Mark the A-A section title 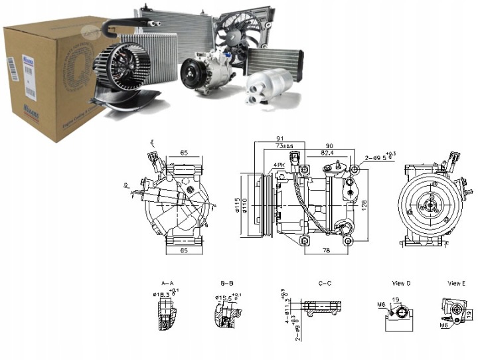point(167,282)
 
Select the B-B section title point(227,282)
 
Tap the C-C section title point(325,282)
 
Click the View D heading point(401,284)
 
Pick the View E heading point(455,284)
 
